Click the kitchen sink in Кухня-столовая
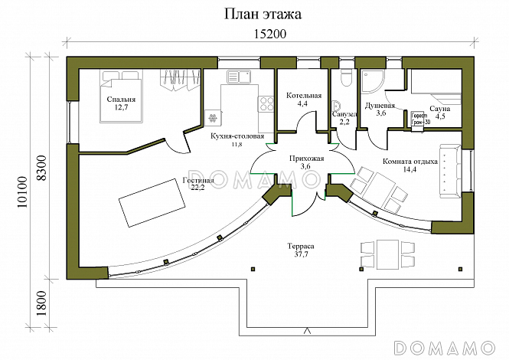tap(240, 77)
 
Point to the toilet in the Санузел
tap(344, 79)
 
